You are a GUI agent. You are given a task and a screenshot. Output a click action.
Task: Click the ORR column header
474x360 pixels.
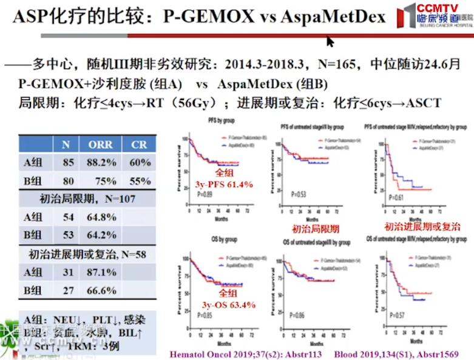tap(100, 145)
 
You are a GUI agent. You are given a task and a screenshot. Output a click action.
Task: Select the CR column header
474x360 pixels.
tap(140, 145)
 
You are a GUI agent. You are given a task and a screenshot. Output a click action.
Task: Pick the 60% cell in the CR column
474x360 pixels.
tap(140, 163)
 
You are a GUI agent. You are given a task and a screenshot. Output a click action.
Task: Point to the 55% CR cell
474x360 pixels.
tap(140, 180)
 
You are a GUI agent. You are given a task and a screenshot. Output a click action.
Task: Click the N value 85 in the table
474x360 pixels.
tap(66, 163)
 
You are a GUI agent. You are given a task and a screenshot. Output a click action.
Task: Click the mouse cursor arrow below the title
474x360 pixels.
tap(330, 41)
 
